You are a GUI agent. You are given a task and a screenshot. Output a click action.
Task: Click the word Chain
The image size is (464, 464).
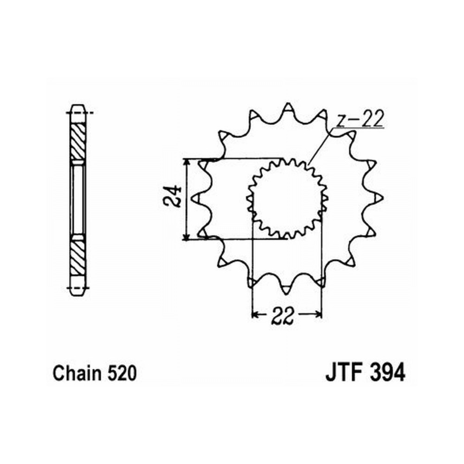coord(77,373)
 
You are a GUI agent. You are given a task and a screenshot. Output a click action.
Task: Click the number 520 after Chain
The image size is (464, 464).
coord(122,373)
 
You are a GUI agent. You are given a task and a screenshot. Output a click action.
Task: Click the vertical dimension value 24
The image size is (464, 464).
coord(172,196)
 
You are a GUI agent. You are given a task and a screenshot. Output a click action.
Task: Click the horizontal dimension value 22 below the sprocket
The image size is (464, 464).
coord(283,316)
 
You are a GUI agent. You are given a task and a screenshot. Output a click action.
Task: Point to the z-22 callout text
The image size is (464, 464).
coord(360,119)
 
